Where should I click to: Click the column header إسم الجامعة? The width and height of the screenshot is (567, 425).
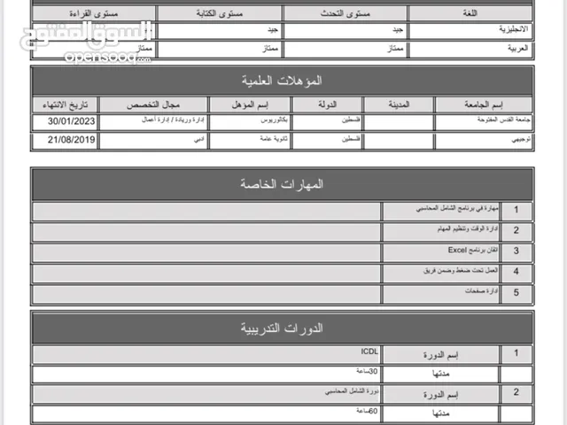[x=484, y=104]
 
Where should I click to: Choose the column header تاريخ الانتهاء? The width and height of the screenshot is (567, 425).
[x=65, y=104]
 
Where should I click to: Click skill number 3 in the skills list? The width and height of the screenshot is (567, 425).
[x=517, y=251]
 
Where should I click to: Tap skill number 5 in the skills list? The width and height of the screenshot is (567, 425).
[x=517, y=292]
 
